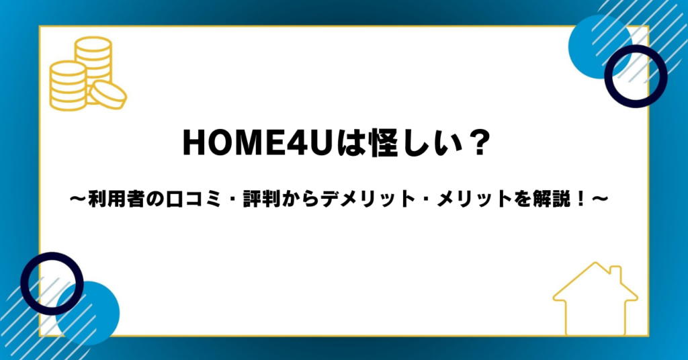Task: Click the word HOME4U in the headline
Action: (x=257, y=144)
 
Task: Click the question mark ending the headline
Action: (x=476, y=144)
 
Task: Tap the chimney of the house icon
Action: (x=616, y=271)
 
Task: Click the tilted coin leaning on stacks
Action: (x=108, y=94)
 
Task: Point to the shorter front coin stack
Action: (x=68, y=85)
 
